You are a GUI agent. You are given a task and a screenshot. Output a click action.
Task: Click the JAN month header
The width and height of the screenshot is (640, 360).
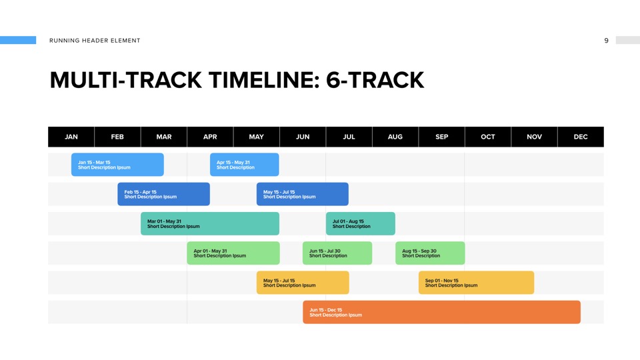pos(71,137)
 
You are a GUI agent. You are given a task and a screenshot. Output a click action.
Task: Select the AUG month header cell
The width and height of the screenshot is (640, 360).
pos(395,137)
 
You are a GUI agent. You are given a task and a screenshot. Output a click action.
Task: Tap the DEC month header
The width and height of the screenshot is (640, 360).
pos(581,137)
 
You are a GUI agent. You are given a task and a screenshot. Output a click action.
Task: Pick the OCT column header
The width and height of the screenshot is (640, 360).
pos(488,137)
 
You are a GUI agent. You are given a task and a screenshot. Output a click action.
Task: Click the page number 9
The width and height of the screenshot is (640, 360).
pos(606,41)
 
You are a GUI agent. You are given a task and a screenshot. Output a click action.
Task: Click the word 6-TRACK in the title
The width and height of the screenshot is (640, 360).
pos(375,80)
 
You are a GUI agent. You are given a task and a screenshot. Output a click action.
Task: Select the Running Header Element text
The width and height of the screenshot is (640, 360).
pos(95,41)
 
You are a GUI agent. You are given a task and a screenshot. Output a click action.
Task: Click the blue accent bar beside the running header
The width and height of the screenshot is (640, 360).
pos(18,40)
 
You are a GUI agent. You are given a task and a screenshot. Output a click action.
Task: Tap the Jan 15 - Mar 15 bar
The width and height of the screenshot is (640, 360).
pos(117,165)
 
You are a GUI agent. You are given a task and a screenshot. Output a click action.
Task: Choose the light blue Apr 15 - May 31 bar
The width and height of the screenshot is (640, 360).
pos(245,165)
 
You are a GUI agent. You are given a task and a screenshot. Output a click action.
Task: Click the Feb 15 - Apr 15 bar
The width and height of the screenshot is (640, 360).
pos(164,194)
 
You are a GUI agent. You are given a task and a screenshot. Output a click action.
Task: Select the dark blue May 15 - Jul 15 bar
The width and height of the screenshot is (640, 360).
pos(303,194)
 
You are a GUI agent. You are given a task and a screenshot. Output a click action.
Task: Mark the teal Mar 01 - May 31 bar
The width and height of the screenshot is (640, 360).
pos(210,224)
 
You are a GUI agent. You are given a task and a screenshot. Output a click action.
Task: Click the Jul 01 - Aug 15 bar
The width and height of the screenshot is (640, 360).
pos(361,224)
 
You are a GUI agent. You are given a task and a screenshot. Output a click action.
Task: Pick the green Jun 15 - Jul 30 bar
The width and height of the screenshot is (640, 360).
pos(337,253)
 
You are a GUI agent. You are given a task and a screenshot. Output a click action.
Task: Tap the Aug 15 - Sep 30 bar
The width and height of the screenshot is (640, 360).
pos(430,253)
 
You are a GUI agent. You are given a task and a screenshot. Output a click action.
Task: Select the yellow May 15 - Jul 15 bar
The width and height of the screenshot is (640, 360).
pos(303,283)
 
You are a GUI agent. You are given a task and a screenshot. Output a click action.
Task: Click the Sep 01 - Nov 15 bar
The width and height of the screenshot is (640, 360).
pos(476,283)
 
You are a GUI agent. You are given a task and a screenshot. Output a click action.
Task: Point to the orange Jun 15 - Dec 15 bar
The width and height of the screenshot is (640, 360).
pos(441,312)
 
